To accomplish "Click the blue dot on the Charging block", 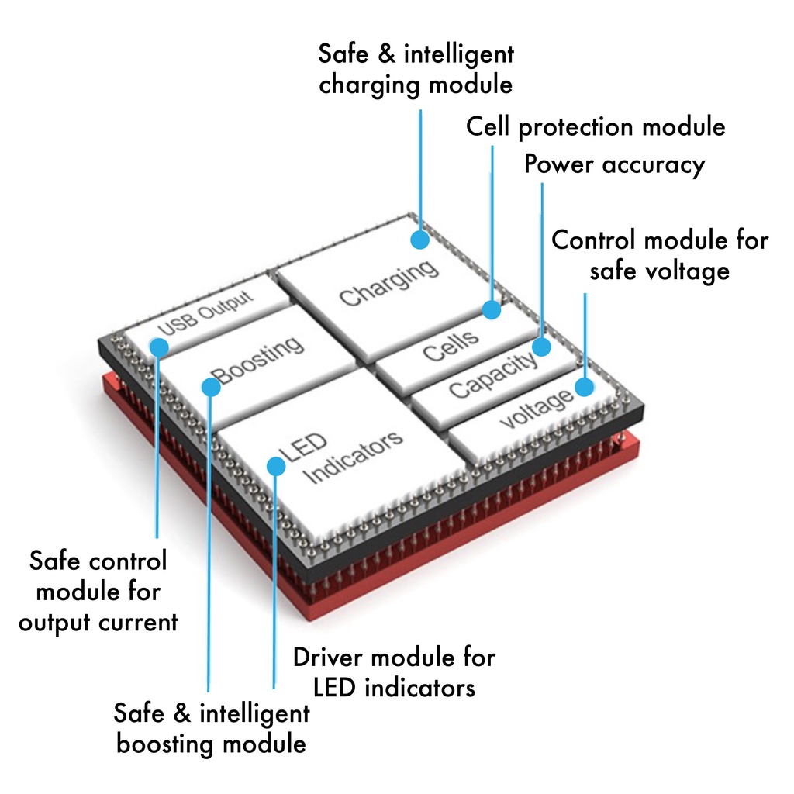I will pos(419,239).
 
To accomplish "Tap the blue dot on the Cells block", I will pos(491,310).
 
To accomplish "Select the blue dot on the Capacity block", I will pos(541,347).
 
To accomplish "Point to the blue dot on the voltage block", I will pos(585,386).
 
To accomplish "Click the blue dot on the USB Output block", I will pos(158,347).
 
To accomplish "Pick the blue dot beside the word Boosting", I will pos(210,386).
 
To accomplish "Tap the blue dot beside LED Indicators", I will pos(275,465).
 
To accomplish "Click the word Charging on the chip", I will pos(388,282).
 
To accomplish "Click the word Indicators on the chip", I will pos(355,457).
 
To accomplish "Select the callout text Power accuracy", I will pos(614,164).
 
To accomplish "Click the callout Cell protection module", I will pos(595,126).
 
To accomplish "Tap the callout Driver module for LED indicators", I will pos(393,671).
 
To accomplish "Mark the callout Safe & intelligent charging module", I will pos(416,69).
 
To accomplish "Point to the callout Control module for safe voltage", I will pos(660,254).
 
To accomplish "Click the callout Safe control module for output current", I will pos(98,591).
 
